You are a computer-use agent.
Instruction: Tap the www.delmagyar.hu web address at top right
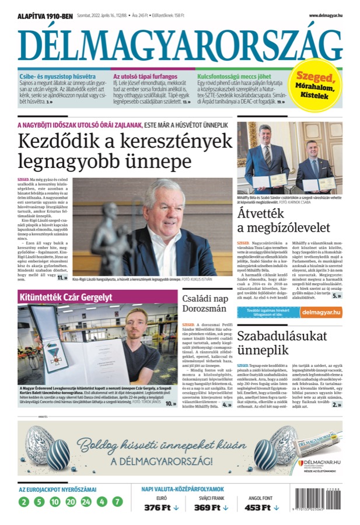click(325, 15)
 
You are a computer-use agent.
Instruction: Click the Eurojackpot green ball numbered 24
click(86, 501)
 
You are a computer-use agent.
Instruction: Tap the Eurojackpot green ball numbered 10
click(55, 501)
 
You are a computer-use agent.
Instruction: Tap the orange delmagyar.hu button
click(321, 313)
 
